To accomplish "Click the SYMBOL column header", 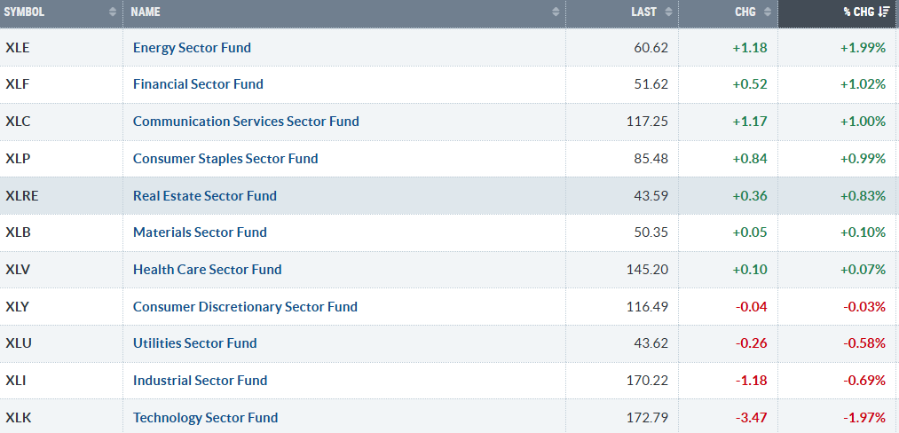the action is [24, 12].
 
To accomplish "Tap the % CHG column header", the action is [859, 12].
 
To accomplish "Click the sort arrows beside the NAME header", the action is [555, 12].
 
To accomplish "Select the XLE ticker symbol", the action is [17, 48].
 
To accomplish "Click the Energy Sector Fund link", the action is [192, 48].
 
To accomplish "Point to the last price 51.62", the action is [650, 84].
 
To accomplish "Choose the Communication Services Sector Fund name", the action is [246, 122].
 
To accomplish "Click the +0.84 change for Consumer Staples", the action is [750, 158].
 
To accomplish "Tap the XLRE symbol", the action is [22, 195].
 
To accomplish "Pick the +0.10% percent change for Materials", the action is [863, 232].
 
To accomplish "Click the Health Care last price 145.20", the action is [647, 270].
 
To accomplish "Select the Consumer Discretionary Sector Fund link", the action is [246, 307].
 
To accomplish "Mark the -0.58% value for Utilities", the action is [864, 343].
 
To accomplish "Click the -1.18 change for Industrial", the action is [752, 381].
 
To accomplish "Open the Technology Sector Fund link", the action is [205, 418].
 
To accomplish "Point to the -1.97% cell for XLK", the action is [864, 418].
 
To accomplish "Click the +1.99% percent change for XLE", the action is [863, 48].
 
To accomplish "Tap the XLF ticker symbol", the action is [17, 84].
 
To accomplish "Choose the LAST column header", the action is [644, 12].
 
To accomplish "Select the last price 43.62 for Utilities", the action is [650, 343].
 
